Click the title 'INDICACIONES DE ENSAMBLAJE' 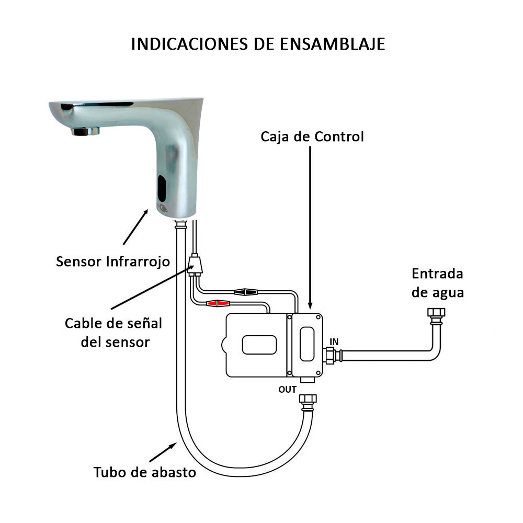(x=258, y=44)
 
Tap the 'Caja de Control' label (x=312, y=137)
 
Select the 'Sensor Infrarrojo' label (x=113, y=261)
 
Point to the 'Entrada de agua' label (x=438, y=283)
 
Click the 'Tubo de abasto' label (x=145, y=472)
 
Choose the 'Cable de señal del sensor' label (x=113, y=333)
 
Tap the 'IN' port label (x=334, y=342)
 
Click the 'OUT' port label (x=288, y=390)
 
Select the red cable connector (x=218, y=303)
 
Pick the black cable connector (x=246, y=292)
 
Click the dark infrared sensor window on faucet (x=162, y=188)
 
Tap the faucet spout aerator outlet (x=85, y=131)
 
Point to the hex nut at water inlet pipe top (x=436, y=313)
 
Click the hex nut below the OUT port (x=308, y=399)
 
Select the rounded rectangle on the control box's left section (x=259, y=345)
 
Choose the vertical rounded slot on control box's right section (x=307, y=344)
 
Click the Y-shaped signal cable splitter (x=195, y=265)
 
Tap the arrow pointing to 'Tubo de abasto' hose (x=163, y=452)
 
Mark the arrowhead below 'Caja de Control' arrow (x=310, y=305)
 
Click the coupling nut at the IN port (x=330, y=356)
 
